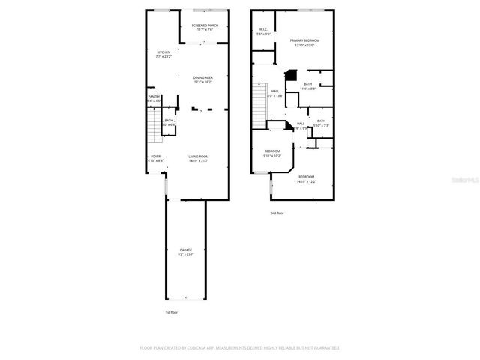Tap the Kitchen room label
163,52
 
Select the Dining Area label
202,78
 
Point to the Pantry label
154,96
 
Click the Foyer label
155,156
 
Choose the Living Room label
198,156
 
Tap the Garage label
185,249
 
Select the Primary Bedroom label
304,40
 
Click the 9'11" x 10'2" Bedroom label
272,151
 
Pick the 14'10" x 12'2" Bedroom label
306,178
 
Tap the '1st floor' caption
172,312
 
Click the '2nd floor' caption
277,214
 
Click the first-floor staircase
154,131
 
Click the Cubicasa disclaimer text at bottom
240,348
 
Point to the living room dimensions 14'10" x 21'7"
198,160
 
